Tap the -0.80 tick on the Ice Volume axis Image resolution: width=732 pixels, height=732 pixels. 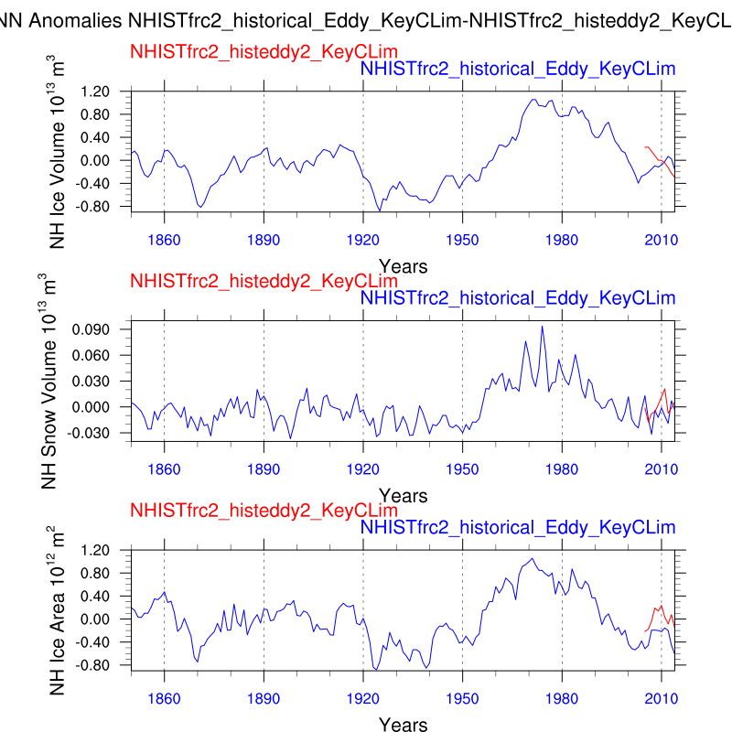click(x=96, y=206)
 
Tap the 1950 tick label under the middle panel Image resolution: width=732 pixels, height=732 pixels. click(x=462, y=469)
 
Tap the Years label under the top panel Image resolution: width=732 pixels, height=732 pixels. click(x=404, y=266)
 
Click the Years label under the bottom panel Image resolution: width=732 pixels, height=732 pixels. click(x=404, y=725)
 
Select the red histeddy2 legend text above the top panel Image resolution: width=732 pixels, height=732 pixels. click(x=264, y=52)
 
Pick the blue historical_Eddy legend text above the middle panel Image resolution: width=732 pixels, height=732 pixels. click(x=518, y=298)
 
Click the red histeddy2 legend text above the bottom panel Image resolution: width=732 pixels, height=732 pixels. click(x=264, y=510)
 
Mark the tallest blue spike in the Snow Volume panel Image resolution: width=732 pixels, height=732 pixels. click(x=542, y=327)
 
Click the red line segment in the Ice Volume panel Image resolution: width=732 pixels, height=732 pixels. click(x=657, y=160)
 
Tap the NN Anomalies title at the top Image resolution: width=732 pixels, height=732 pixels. click(x=366, y=19)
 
